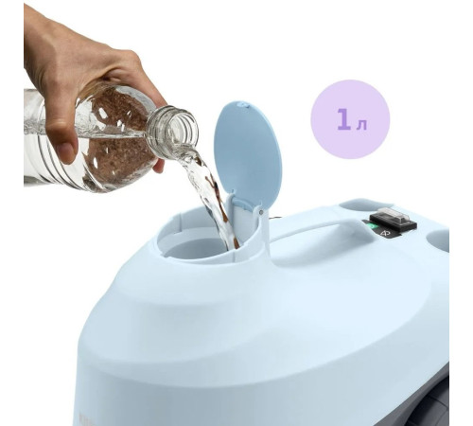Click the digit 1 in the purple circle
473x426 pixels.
(343, 119)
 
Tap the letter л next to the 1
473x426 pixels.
(361, 125)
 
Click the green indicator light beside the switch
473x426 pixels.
(373, 226)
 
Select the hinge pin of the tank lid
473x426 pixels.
(260, 212)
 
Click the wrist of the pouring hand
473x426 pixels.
(35, 35)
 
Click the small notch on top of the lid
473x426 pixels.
(242, 104)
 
